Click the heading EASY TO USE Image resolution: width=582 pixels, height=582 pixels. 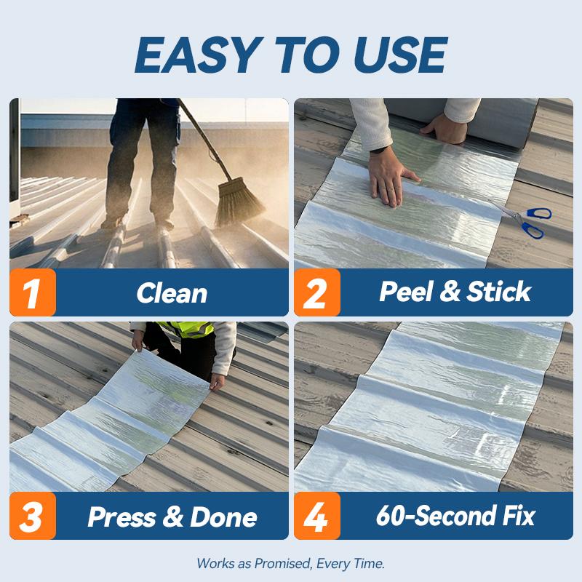(x=290, y=54)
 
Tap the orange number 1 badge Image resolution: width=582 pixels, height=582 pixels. (x=33, y=292)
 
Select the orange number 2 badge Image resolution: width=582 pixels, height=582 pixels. (x=317, y=292)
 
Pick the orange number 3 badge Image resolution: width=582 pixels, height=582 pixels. (x=33, y=516)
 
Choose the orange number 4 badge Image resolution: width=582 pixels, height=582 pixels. (x=317, y=516)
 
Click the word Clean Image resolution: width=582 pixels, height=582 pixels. (x=172, y=293)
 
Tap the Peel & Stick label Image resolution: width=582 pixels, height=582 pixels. (x=455, y=292)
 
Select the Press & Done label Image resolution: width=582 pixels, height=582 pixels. (x=172, y=517)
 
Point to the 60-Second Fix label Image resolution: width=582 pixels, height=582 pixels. (x=455, y=516)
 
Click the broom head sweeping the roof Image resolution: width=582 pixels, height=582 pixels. (x=239, y=201)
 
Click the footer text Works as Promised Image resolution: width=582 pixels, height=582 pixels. (x=290, y=563)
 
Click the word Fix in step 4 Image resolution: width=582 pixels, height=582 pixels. (x=517, y=516)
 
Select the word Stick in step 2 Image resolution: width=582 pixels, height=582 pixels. (x=498, y=292)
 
